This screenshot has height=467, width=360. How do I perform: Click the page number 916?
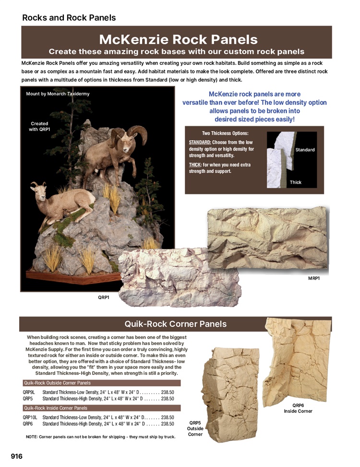pos(17,456)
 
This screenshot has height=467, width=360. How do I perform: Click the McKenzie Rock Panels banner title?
pos(178,39)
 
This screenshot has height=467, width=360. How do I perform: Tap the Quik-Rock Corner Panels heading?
pos(175,324)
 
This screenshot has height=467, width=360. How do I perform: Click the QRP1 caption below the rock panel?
pos(104,298)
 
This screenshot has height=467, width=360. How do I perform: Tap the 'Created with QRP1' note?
pos(39,126)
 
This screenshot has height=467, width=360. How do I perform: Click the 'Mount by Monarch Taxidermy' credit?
pos(58,94)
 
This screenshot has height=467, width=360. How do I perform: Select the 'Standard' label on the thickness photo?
pos(305,150)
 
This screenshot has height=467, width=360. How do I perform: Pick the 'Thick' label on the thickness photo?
pos(296,182)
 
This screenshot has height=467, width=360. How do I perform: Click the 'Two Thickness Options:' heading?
pos(225,133)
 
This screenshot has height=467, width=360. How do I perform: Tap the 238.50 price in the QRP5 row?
pos(168,398)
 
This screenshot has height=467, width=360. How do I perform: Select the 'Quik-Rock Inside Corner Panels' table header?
pos(56,408)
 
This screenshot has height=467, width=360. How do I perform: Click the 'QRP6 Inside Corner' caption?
pos(298,408)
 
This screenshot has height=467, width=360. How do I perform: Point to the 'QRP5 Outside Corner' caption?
pos(195,429)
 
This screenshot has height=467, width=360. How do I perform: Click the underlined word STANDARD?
pos(200,143)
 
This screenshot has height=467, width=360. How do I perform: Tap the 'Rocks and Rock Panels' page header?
pos(69,18)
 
